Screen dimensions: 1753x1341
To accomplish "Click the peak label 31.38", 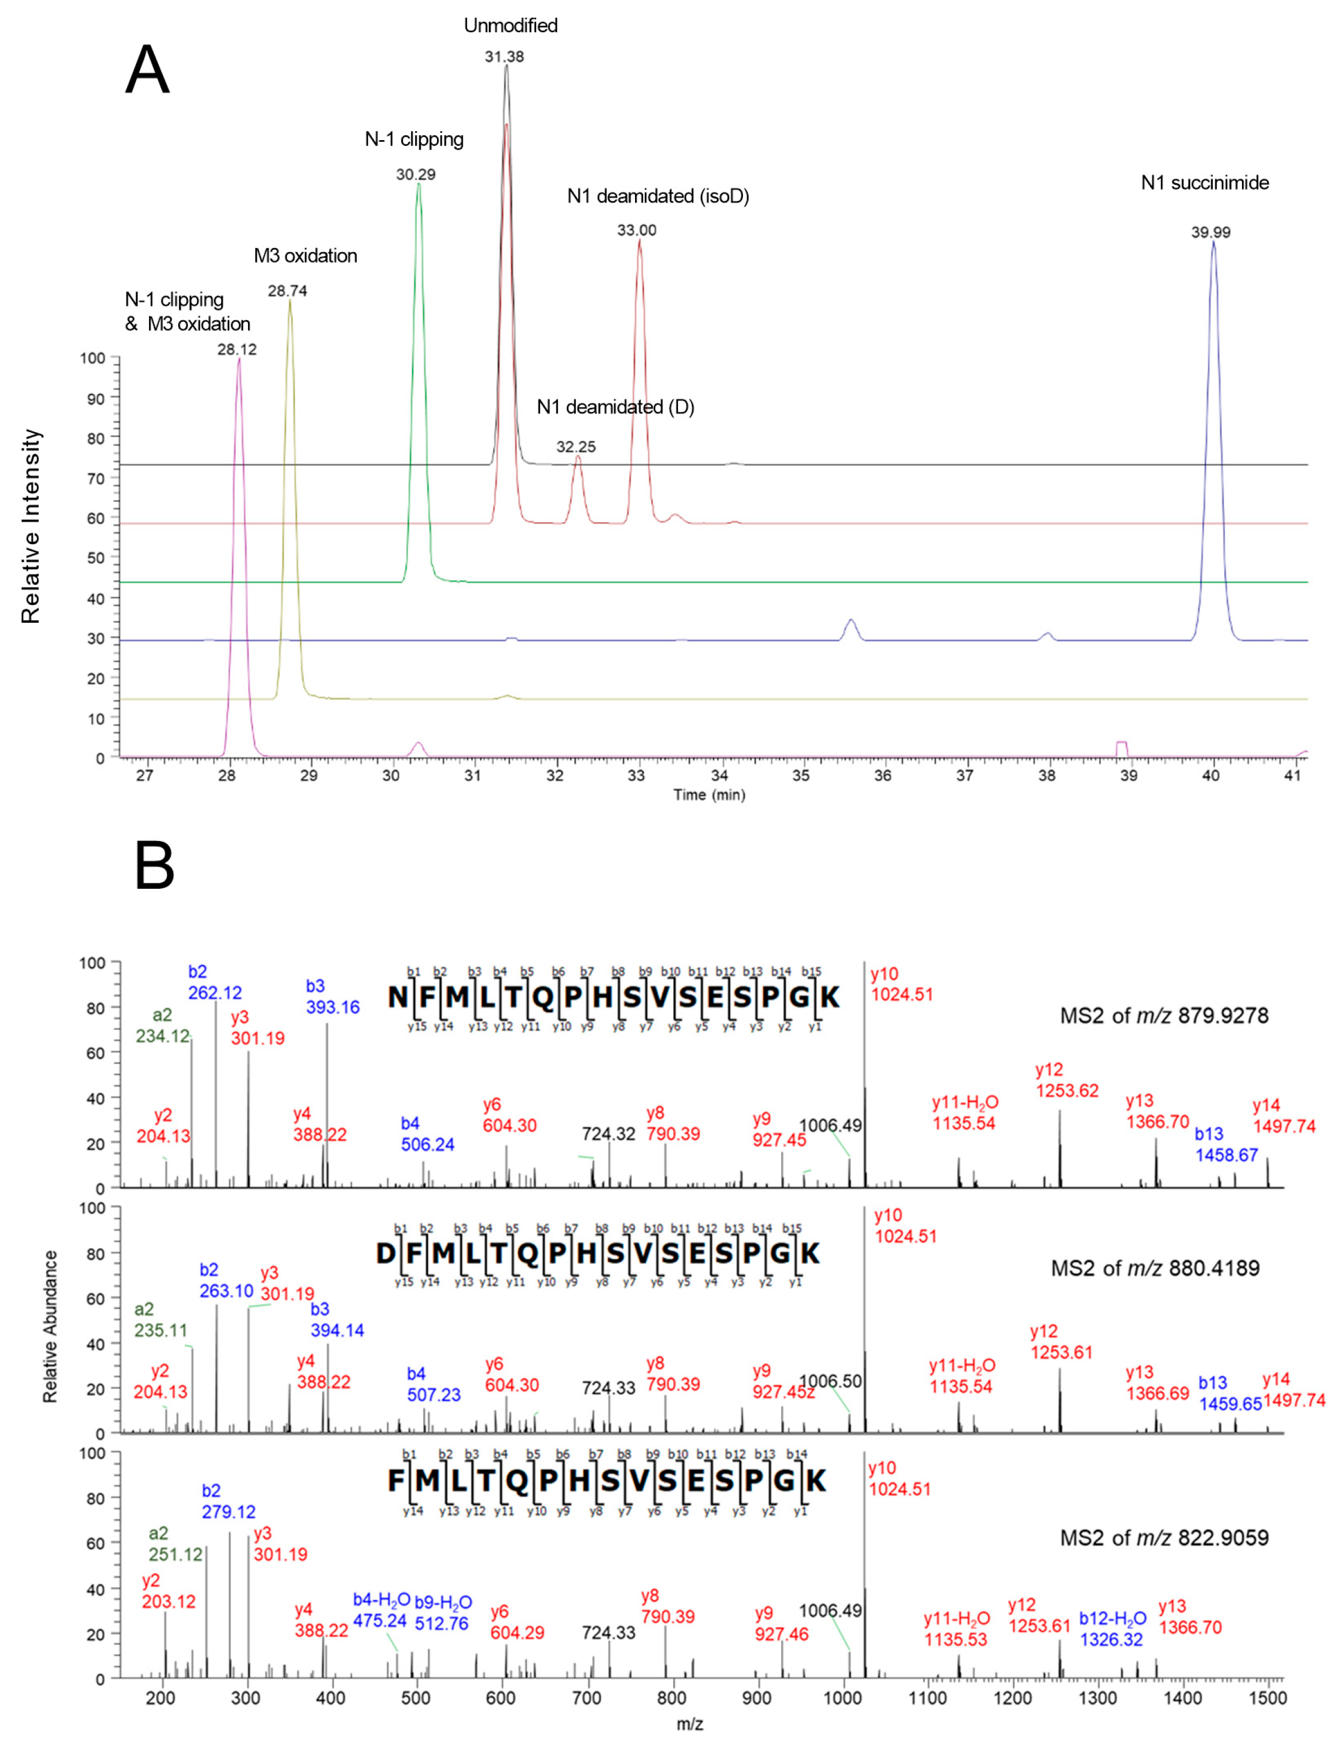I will pyautogui.click(x=504, y=57).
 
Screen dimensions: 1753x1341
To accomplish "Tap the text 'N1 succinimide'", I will pyautogui.click(x=1204, y=183).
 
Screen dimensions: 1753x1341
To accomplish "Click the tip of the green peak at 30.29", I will pyautogui.click(x=418, y=185).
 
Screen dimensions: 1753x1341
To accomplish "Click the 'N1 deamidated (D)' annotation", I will pyautogui.click(x=615, y=407).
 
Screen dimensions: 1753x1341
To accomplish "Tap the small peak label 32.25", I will pyautogui.click(x=575, y=447).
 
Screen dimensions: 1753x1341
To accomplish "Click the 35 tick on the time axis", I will pyautogui.click(x=801, y=775).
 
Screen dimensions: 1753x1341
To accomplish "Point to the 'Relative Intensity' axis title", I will pyautogui.click(x=30, y=527).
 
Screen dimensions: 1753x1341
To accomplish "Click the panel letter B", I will pyautogui.click(x=154, y=867).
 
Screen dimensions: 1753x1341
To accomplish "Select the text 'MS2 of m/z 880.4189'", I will pyautogui.click(x=1155, y=1268).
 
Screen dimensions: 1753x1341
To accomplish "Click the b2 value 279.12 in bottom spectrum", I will pyautogui.click(x=228, y=1512).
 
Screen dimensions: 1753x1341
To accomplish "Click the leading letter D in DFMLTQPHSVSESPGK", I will pyautogui.click(x=386, y=1254).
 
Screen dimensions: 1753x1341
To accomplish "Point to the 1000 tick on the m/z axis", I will pyautogui.click(x=841, y=1698).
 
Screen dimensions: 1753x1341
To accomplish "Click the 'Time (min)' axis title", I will pyautogui.click(x=709, y=795).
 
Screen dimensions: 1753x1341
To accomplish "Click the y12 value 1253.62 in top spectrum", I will pyautogui.click(x=1067, y=1091).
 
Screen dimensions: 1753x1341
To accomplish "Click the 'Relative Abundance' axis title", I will pyautogui.click(x=50, y=1327).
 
